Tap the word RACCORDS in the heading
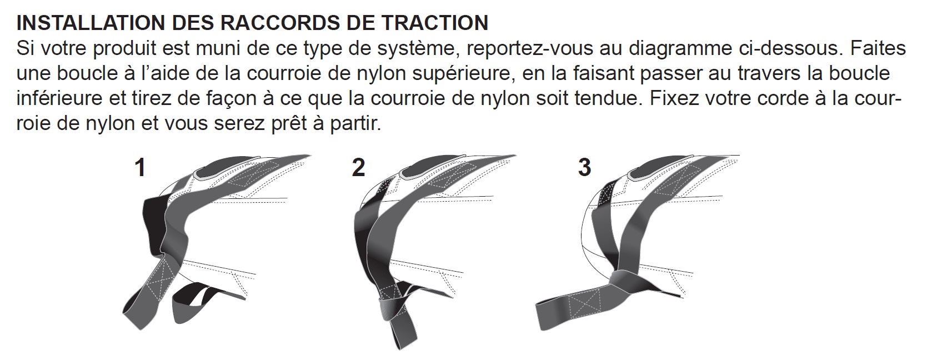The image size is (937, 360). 274,23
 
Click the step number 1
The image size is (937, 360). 141,168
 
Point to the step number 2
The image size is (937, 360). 359,168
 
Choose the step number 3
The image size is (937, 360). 584,168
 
